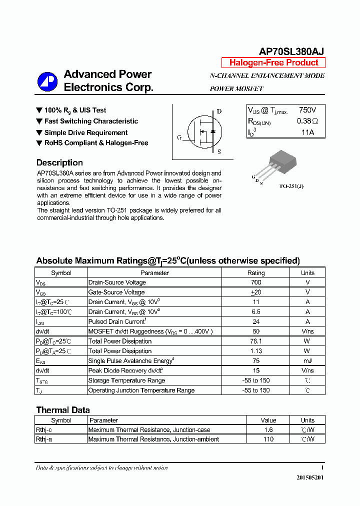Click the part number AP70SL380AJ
click(291, 51)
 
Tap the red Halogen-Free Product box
click(273, 63)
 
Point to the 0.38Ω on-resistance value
click(307, 121)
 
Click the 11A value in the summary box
click(307, 132)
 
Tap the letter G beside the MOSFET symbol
click(179, 137)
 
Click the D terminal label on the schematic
click(219, 111)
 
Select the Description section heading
click(59, 162)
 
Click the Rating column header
click(256, 273)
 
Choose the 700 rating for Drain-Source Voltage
click(256, 282)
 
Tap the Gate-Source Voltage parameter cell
click(116, 292)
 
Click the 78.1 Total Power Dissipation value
click(256, 341)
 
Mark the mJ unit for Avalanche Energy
click(307, 361)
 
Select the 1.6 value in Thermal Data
click(268, 430)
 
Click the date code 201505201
click(310, 477)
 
